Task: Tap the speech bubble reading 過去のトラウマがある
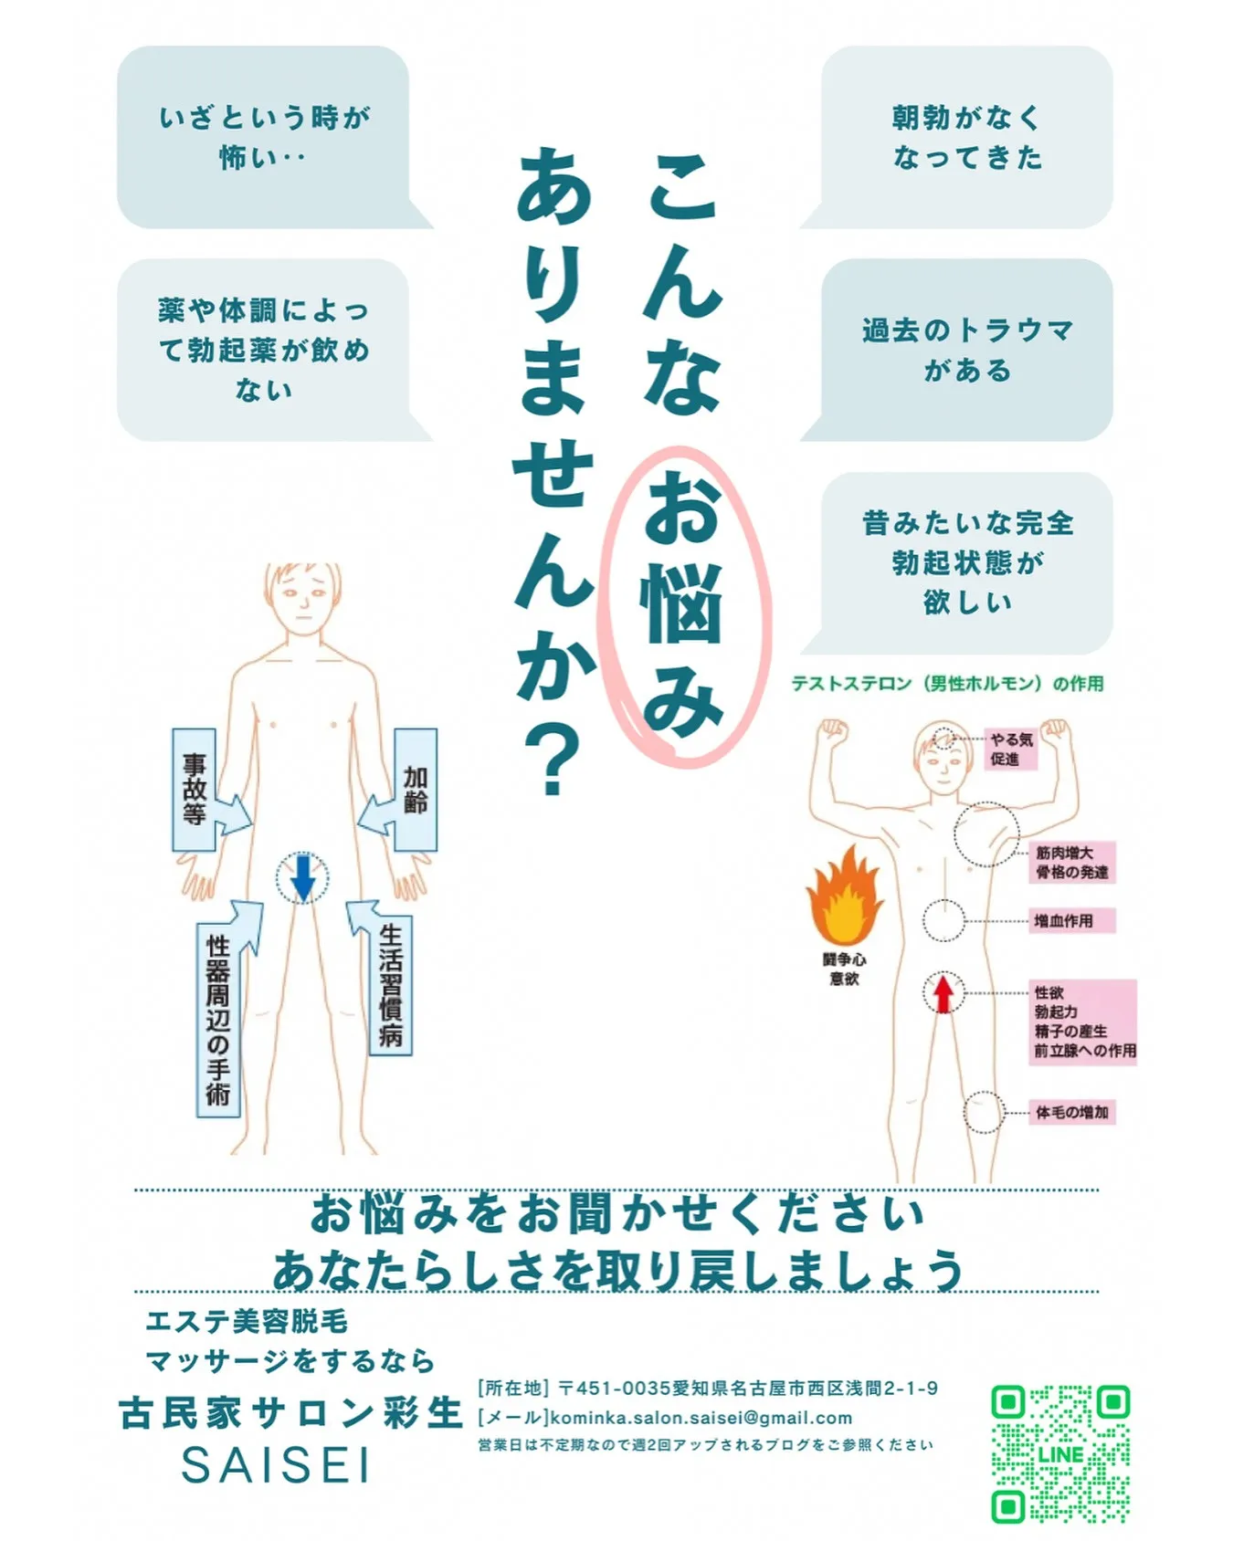click(966, 350)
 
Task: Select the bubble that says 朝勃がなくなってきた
click(966, 137)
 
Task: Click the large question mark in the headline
click(552, 763)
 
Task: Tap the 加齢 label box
click(416, 790)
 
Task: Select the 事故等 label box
click(194, 790)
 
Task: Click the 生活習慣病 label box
click(391, 986)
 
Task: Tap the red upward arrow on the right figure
click(943, 993)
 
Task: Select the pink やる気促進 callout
click(1011, 750)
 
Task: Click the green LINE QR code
click(1060, 1454)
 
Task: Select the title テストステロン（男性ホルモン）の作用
click(947, 684)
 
